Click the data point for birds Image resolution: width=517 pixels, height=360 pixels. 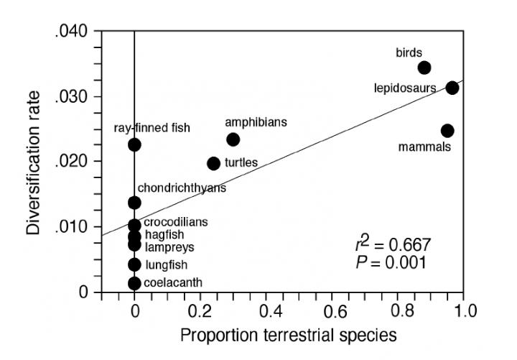(424, 68)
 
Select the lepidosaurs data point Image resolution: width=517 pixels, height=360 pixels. (452, 88)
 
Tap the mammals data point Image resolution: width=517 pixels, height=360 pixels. (447, 131)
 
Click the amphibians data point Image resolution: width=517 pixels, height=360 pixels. (233, 139)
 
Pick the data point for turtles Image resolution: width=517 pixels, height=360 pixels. (213, 164)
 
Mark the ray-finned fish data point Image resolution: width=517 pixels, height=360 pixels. (134, 145)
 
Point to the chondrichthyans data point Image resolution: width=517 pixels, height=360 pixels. (134, 203)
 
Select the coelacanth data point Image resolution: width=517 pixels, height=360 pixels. (134, 283)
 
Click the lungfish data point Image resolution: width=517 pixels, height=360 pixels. (134, 264)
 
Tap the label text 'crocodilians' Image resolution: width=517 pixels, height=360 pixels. (176, 222)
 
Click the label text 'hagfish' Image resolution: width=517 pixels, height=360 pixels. (165, 235)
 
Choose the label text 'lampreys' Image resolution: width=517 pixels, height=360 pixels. (169, 247)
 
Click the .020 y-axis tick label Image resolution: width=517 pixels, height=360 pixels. (72, 162)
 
